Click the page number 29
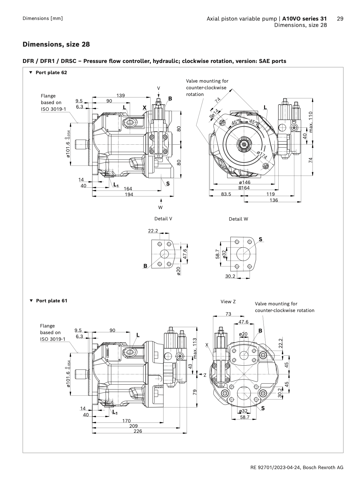[x=340, y=18]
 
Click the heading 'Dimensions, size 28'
[x=56, y=44]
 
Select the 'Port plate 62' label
[x=51, y=73]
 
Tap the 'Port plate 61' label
[x=51, y=301]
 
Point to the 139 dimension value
[x=120, y=95]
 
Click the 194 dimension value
[x=129, y=194]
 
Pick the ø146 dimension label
[x=244, y=182]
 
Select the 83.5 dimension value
[x=226, y=194]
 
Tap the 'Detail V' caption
[x=163, y=219]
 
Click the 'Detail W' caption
[x=238, y=219]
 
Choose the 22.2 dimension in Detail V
[x=153, y=231]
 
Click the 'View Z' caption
[x=228, y=301]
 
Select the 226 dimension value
[x=138, y=431]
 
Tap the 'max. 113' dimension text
[x=195, y=348]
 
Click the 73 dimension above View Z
[x=228, y=314]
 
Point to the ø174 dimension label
[x=262, y=155]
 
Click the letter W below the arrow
[x=160, y=208]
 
